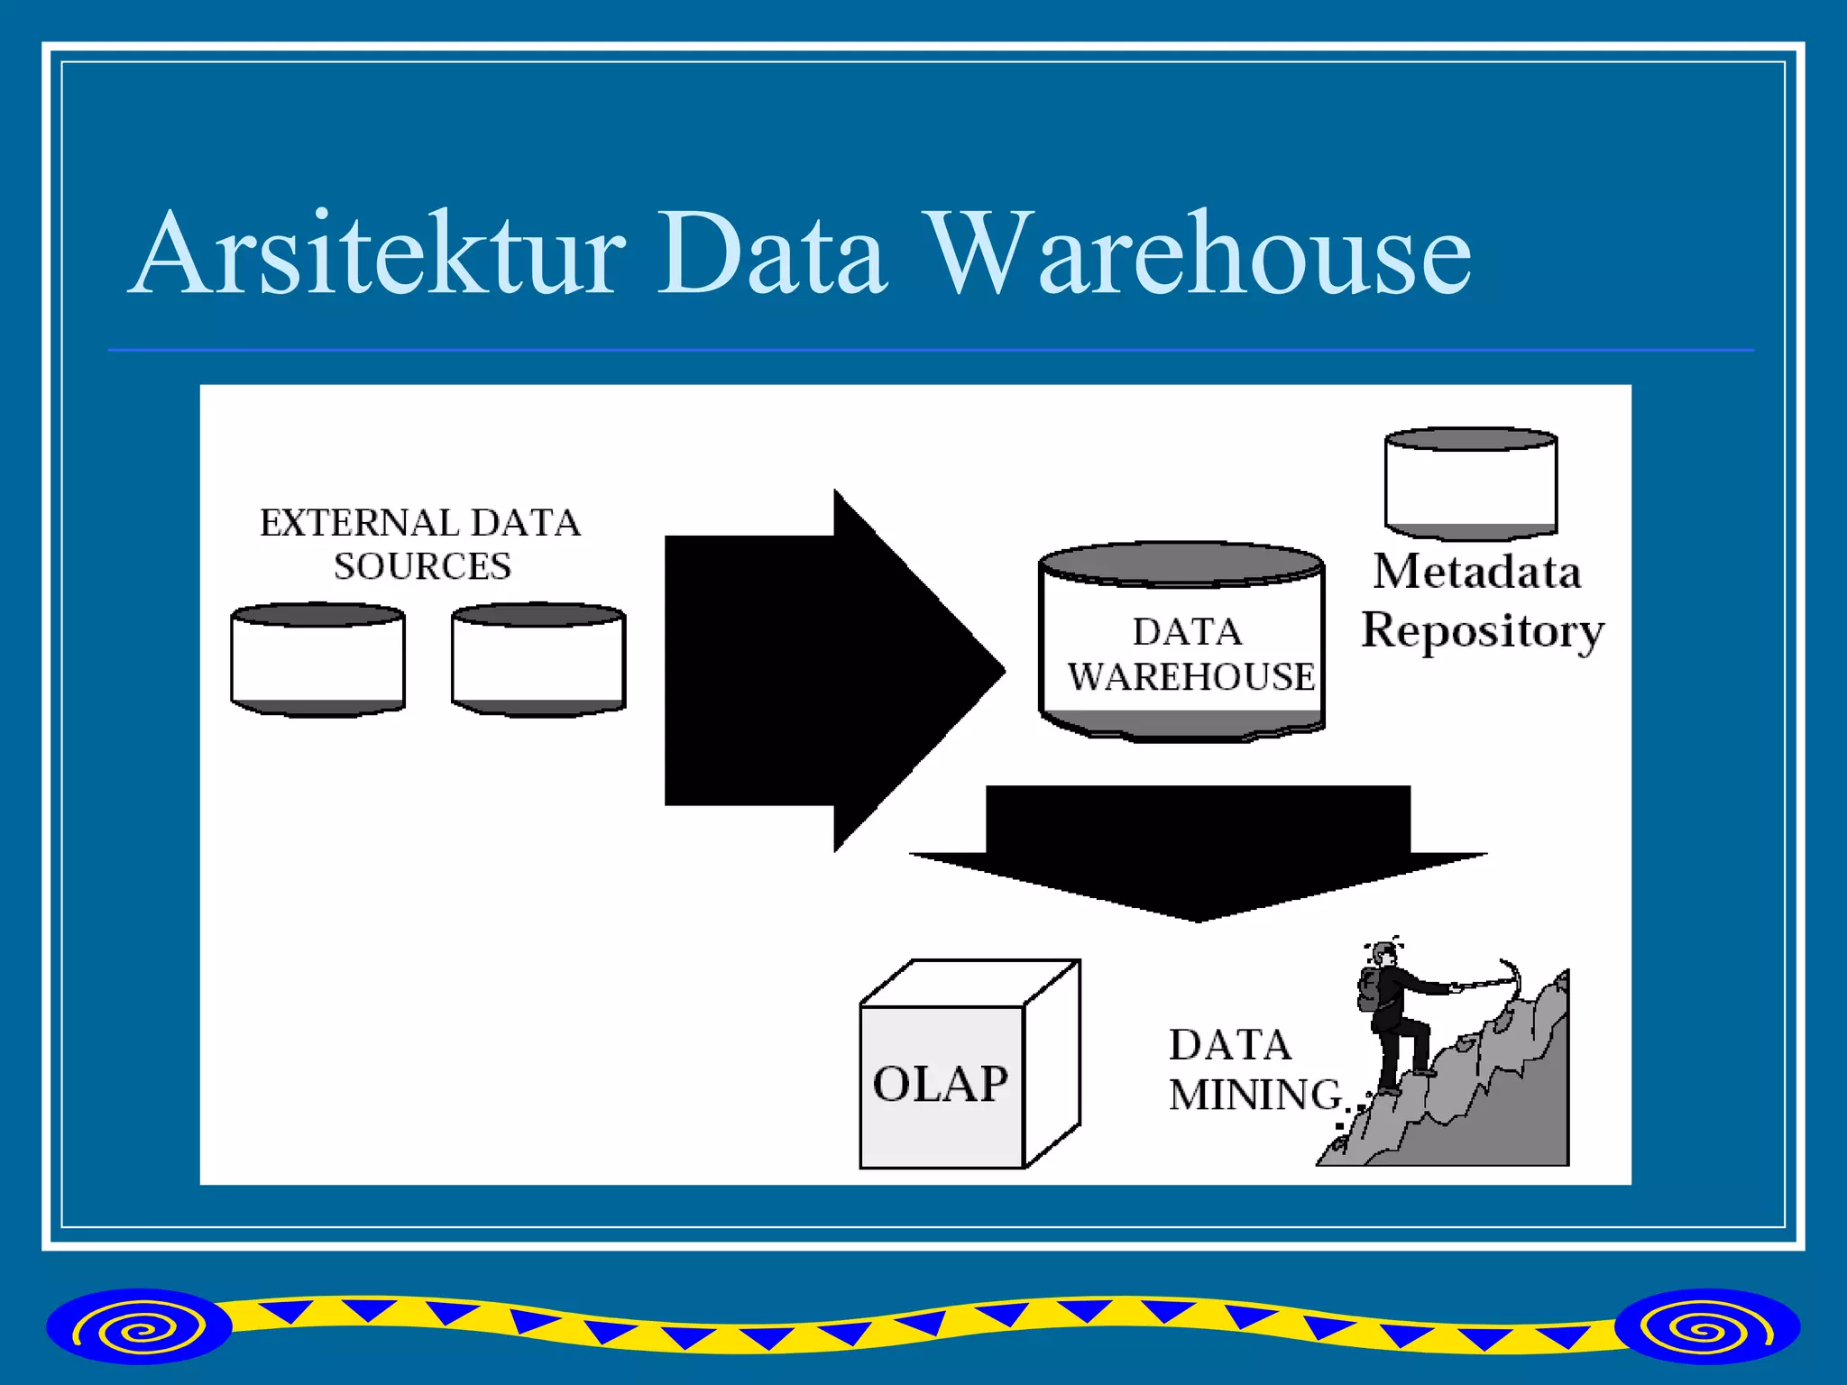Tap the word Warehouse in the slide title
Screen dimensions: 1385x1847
click(1199, 254)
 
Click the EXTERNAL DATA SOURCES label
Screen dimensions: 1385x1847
click(420, 545)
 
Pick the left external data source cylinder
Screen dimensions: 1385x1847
click(317, 661)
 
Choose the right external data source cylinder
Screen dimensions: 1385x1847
click(538, 661)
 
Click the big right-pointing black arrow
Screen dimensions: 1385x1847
click(812, 671)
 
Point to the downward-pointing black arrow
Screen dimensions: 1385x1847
click(1198, 848)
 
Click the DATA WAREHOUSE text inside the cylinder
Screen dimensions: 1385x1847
click(1189, 656)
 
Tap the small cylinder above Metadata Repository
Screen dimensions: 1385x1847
click(1471, 485)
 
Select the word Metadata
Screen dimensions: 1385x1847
click(1477, 572)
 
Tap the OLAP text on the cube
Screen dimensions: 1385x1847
click(940, 1084)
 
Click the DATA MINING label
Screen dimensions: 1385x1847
click(1254, 1070)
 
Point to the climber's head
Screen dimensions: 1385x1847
click(1383, 954)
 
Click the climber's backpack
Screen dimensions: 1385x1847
click(1368, 990)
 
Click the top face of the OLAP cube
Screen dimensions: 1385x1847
click(970, 983)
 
